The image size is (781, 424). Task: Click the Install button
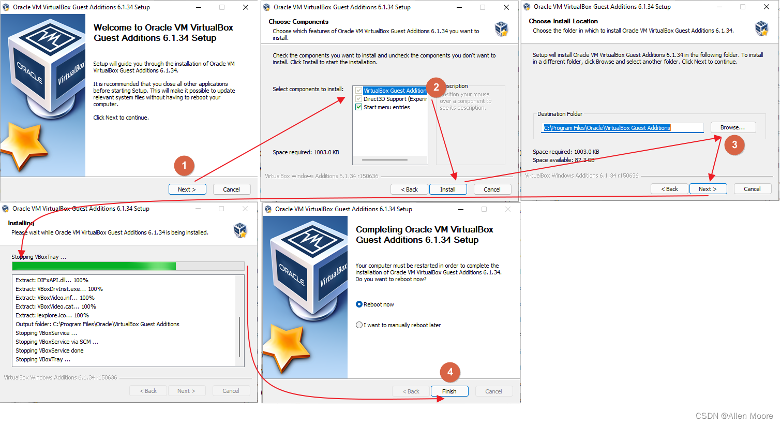click(448, 189)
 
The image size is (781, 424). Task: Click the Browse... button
click(733, 127)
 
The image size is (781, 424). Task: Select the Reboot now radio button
click(359, 304)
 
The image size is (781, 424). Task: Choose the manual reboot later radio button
click(359, 325)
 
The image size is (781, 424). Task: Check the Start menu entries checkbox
click(358, 107)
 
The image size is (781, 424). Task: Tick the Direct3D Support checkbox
click(358, 99)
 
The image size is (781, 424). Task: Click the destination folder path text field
click(622, 128)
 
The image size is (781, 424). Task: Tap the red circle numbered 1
click(184, 166)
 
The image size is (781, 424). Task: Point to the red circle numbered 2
click(436, 87)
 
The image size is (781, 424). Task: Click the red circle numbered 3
click(734, 145)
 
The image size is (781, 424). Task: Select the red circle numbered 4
click(450, 372)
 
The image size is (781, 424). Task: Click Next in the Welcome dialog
click(187, 189)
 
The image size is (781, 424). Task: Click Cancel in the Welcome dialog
click(232, 189)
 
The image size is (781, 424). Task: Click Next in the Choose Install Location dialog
click(708, 189)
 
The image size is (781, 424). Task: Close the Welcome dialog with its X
click(246, 7)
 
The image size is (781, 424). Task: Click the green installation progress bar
click(94, 266)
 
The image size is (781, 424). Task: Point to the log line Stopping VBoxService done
click(50, 350)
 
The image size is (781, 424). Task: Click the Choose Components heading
click(298, 22)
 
